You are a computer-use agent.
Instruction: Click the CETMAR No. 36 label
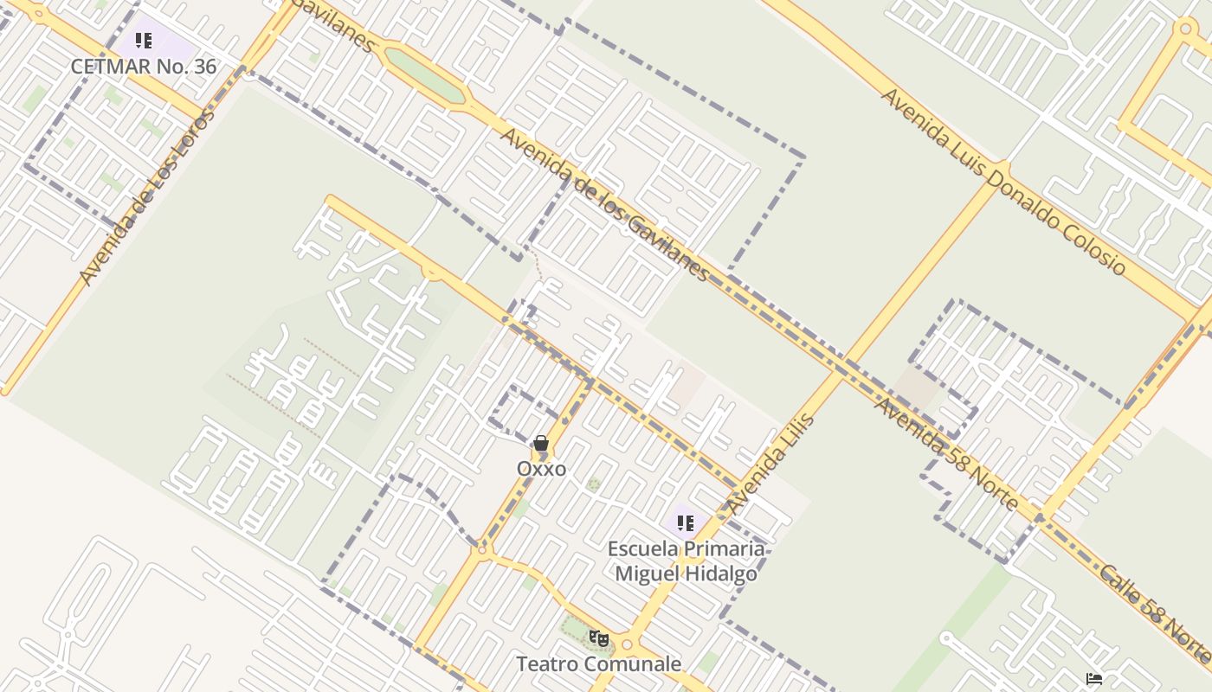click(144, 67)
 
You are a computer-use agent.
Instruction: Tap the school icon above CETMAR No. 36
click(144, 41)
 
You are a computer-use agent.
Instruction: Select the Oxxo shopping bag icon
click(541, 444)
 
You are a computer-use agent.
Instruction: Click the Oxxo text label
click(542, 469)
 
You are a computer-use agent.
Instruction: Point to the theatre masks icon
click(598, 638)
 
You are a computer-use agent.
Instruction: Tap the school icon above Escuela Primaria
click(685, 522)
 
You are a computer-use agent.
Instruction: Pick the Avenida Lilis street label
click(770, 464)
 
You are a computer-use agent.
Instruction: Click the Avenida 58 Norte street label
click(945, 453)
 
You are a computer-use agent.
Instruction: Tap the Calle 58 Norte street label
click(1156, 614)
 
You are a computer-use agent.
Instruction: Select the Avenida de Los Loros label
click(146, 197)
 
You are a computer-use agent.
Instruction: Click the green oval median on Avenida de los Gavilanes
click(424, 73)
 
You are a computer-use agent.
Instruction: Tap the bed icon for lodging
click(1094, 678)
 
